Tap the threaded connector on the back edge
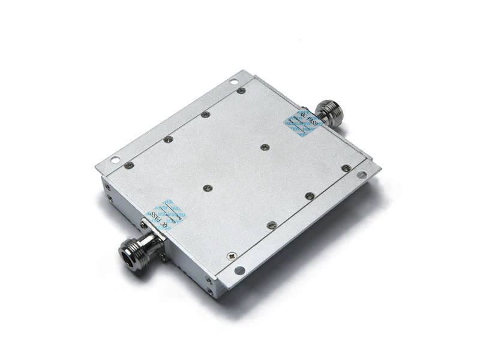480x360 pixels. coord(330,110)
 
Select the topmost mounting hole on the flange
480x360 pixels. coord(233,82)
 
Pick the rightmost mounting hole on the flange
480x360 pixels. coord(362,175)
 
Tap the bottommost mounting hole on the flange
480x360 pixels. coord(239,270)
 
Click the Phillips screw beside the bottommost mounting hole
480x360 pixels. coord(232,256)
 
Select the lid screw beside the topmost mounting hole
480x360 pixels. coord(241,91)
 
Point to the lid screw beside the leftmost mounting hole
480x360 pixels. coord(128,164)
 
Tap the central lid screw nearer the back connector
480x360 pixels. coord(265,146)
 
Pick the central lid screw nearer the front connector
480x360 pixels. coord(206,188)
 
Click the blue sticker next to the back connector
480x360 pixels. coord(304,123)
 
